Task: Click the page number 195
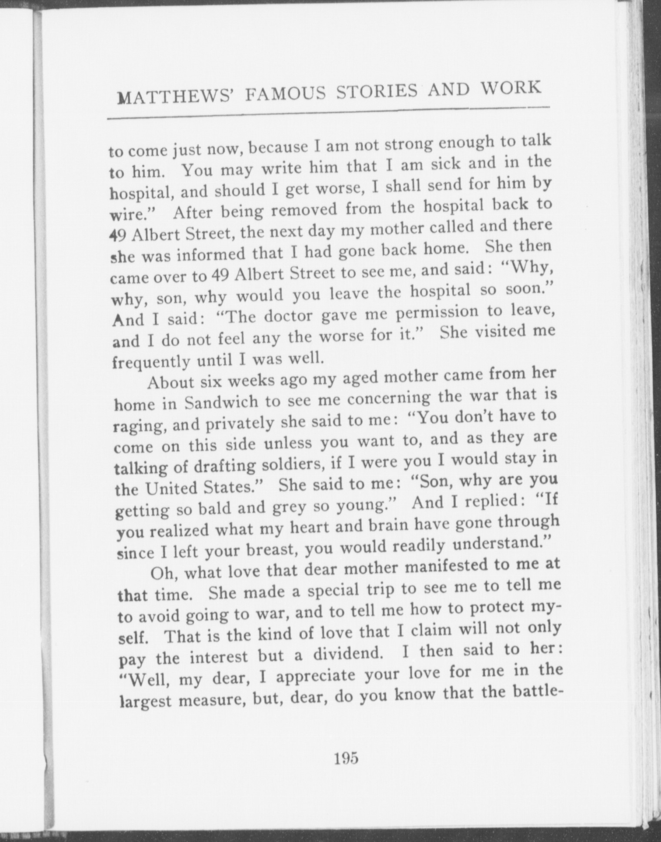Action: click(347, 758)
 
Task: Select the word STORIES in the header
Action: click(377, 91)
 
